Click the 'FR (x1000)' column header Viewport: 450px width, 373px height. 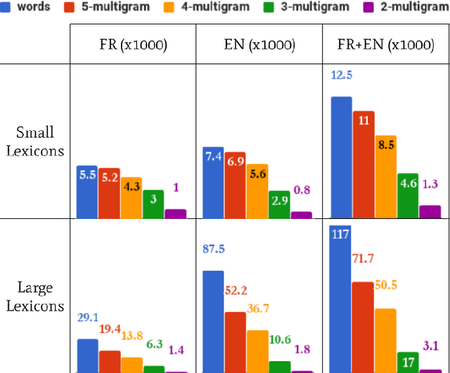(x=133, y=45)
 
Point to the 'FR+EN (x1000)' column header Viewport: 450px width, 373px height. (x=385, y=45)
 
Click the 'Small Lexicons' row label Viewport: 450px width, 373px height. (x=35, y=141)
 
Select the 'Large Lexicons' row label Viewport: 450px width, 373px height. (x=35, y=296)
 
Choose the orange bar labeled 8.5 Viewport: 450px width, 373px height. (x=385, y=176)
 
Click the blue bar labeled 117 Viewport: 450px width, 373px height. (x=341, y=299)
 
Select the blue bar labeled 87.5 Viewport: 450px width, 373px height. (x=214, y=321)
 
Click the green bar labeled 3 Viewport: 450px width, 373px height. (x=153, y=204)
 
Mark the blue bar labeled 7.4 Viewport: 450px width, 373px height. (x=214, y=182)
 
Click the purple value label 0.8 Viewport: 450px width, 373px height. (x=302, y=190)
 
